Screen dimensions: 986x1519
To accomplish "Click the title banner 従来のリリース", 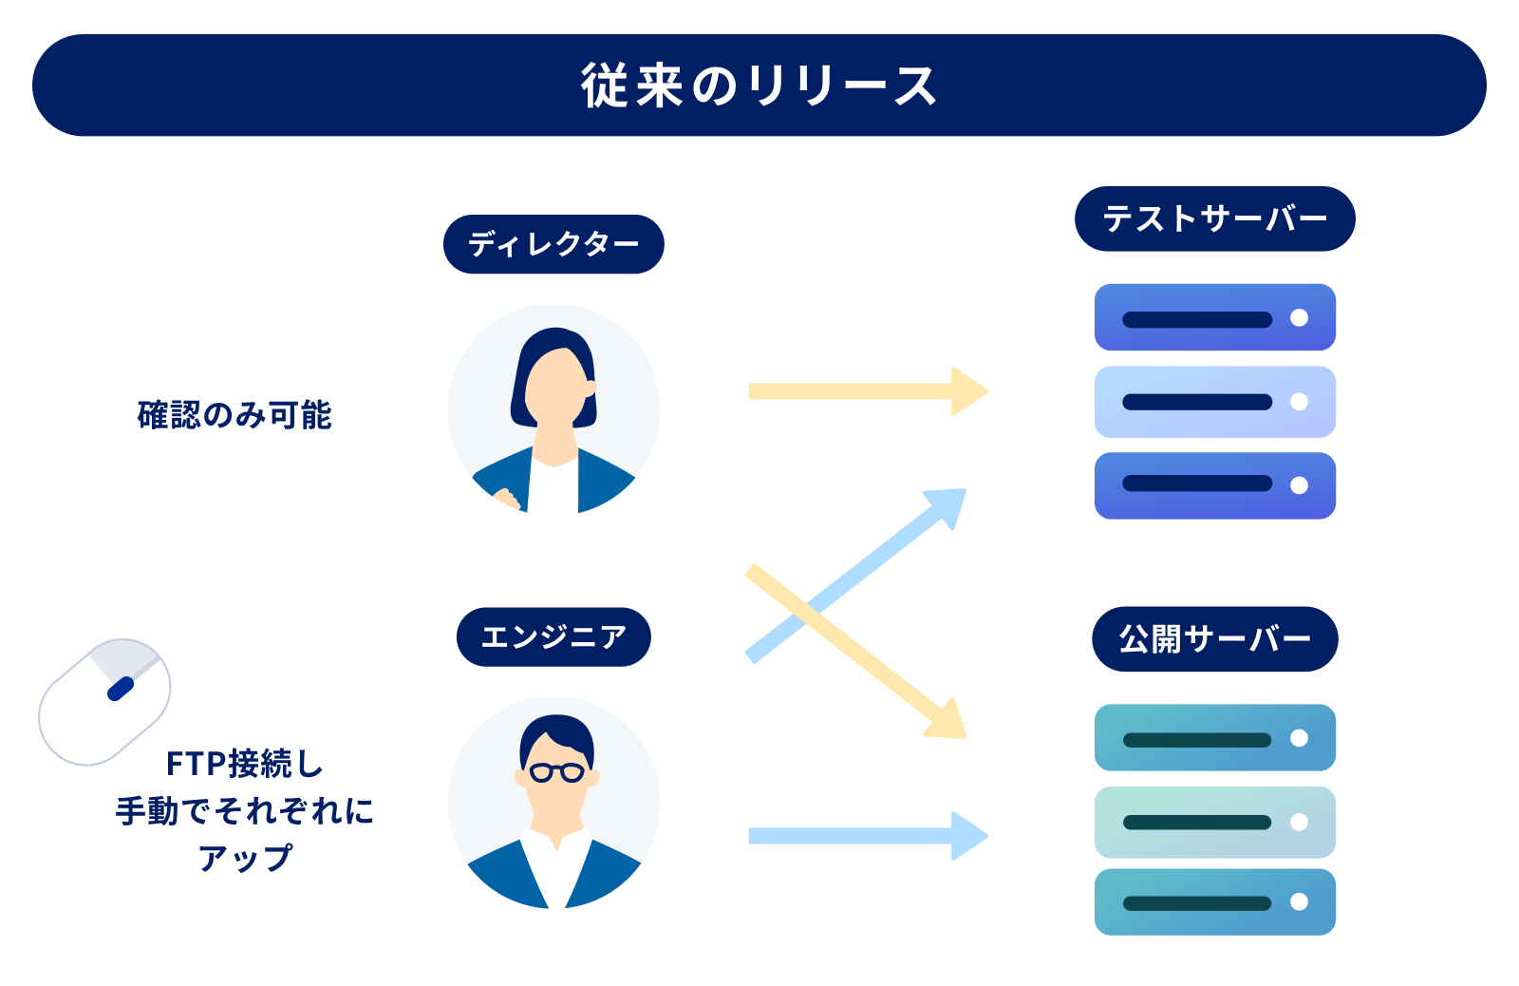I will click(x=759, y=85).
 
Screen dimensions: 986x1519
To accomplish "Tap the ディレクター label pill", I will click(x=553, y=244).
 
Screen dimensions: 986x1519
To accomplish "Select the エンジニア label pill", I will click(x=553, y=636).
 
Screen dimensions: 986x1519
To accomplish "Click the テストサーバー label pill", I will click(x=1214, y=218).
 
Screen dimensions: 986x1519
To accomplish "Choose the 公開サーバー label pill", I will click(x=1214, y=638).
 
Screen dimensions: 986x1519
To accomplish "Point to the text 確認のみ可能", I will click(x=234, y=415).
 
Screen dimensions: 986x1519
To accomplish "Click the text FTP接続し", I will click(x=244, y=763).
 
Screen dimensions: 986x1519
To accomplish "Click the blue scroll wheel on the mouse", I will click(x=121, y=688).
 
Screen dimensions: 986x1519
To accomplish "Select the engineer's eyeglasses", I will click(x=556, y=771).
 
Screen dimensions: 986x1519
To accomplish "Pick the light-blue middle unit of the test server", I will click(x=1214, y=402).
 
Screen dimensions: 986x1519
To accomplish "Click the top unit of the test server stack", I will click(x=1214, y=317).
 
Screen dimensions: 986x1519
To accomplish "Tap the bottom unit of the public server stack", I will click(x=1214, y=901).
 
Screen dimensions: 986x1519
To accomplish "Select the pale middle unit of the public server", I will click(x=1214, y=822).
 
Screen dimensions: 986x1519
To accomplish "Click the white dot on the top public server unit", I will click(x=1299, y=738).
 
